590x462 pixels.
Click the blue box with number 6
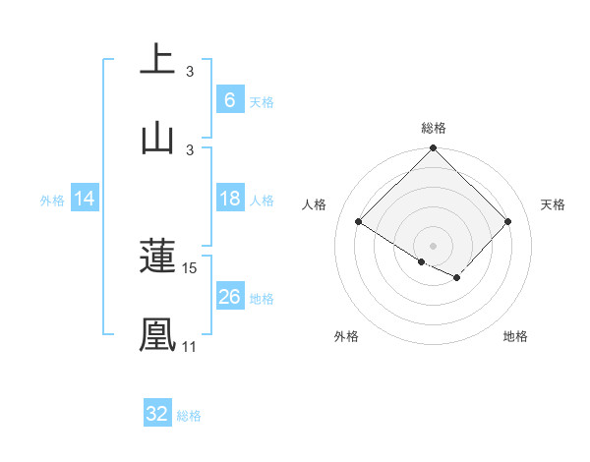(229, 99)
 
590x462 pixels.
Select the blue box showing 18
(229, 199)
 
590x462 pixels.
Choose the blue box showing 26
(229, 297)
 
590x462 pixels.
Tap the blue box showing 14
(85, 199)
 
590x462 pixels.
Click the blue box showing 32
(157, 414)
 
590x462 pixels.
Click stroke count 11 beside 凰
(189, 346)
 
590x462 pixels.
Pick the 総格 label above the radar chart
(434, 128)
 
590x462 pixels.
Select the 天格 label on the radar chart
(554, 204)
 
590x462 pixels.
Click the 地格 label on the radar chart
(515, 336)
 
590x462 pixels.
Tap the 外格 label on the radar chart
(346, 336)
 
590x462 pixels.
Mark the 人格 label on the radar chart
(315, 204)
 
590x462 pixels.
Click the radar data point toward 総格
(434, 149)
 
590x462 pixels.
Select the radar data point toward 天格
(508, 221)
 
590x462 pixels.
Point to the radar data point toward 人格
(359, 221)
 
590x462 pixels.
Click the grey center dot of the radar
(434, 245)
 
